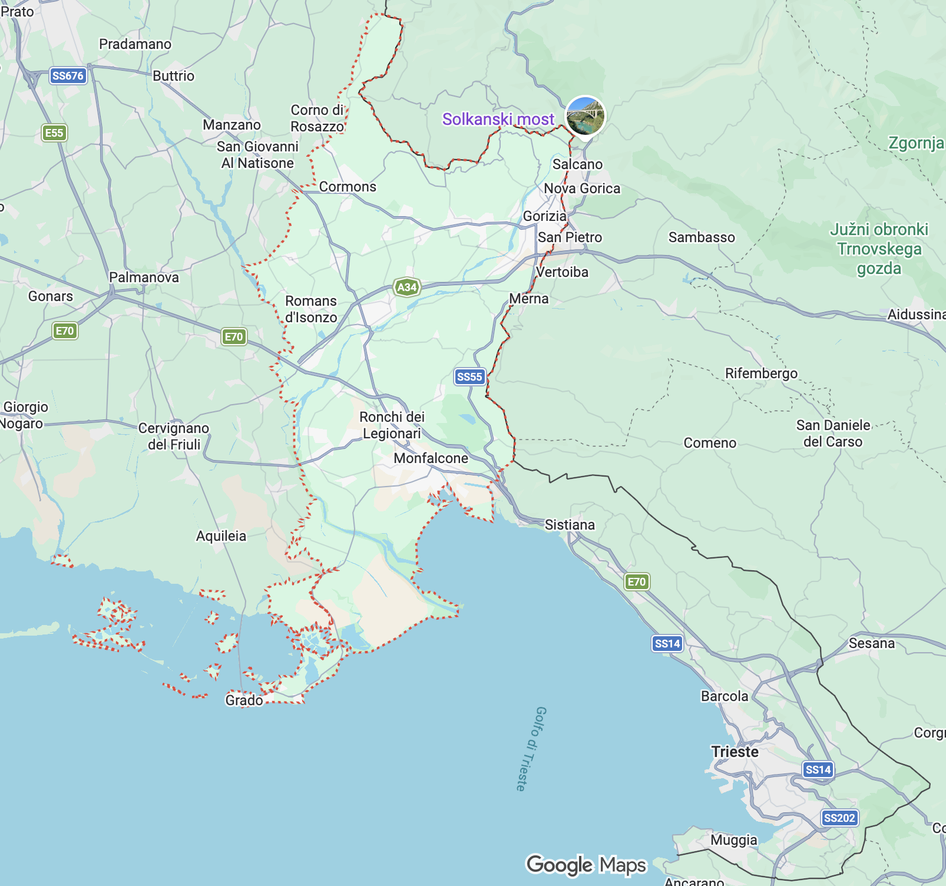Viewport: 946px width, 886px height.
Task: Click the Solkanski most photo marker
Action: [x=585, y=115]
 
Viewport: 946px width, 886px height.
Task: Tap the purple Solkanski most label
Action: [x=498, y=120]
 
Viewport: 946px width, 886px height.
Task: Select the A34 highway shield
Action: [x=407, y=287]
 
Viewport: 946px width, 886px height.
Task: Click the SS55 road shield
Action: [x=469, y=376]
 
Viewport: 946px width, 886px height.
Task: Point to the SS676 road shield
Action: [x=68, y=75]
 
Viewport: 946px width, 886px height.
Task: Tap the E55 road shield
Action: [x=54, y=133]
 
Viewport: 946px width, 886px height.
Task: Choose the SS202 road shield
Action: [x=839, y=818]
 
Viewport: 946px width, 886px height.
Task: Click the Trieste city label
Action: [x=735, y=752]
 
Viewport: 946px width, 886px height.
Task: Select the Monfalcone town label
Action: [x=431, y=458]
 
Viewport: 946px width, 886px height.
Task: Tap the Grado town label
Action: [x=244, y=700]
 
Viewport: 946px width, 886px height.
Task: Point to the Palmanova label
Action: [x=144, y=277]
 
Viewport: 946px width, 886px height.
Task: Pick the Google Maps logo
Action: [x=586, y=865]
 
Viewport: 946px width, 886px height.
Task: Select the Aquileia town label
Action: [x=221, y=536]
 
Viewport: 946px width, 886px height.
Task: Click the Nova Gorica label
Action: [x=582, y=189]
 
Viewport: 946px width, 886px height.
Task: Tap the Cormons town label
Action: [x=348, y=187]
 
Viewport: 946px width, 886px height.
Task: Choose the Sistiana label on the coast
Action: [x=570, y=525]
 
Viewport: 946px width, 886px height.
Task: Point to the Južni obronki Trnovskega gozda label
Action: [x=879, y=249]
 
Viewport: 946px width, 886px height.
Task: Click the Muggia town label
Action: [x=733, y=840]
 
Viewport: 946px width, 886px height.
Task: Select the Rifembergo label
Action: [x=761, y=373]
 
